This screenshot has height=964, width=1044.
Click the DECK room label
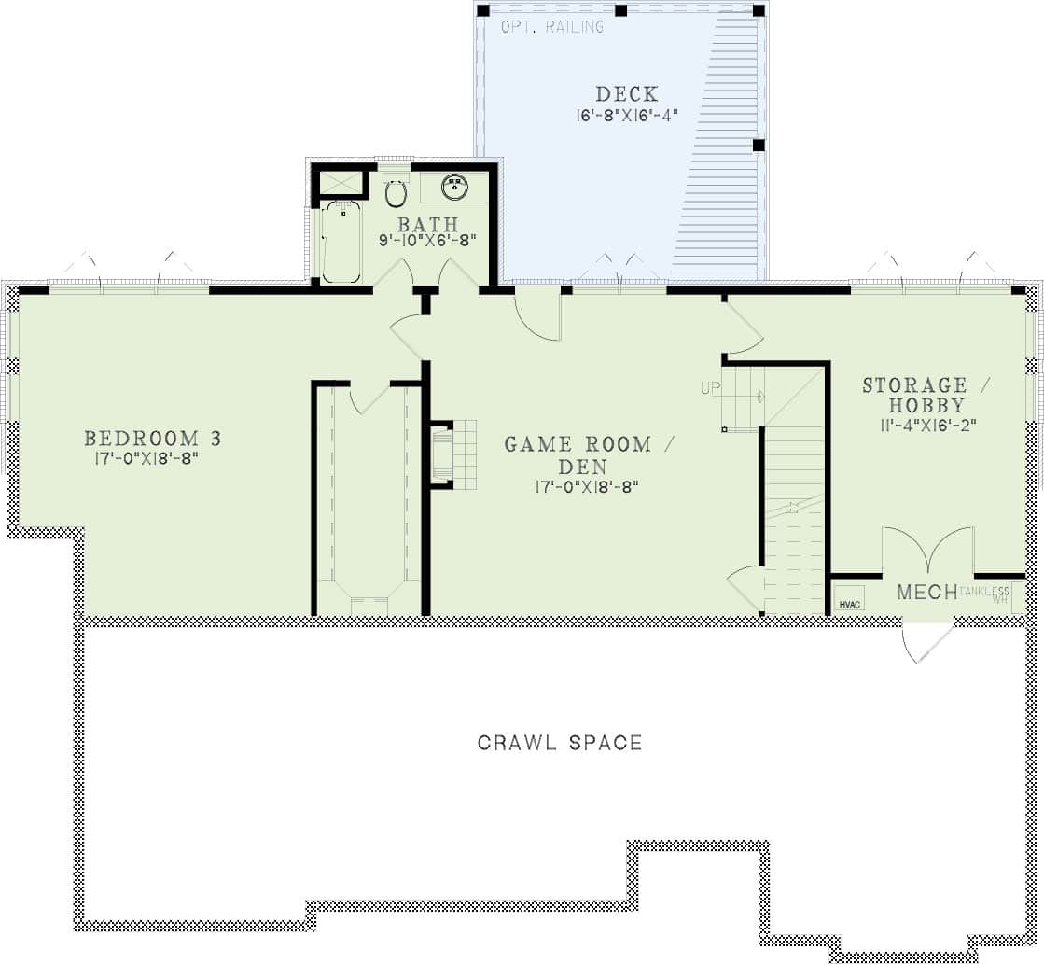click(x=626, y=94)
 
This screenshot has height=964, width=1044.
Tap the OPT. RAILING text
click(x=552, y=27)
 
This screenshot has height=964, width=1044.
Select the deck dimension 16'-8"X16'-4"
click(x=625, y=116)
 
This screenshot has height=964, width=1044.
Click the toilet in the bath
click(x=396, y=193)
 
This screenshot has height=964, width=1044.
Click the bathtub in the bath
click(x=341, y=241)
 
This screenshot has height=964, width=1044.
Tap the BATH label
click(x=428, y=224)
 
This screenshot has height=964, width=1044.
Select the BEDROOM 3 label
click(x=141, y=438)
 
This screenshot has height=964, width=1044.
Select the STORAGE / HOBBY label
click(x=926, y=395)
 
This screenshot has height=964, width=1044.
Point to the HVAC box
click(x=850, y=603)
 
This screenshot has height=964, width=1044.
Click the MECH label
click(x=926, y=592)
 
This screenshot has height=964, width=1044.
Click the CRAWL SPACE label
click(x=560, y=743)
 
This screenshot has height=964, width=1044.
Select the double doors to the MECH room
click(x=927, y=552)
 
